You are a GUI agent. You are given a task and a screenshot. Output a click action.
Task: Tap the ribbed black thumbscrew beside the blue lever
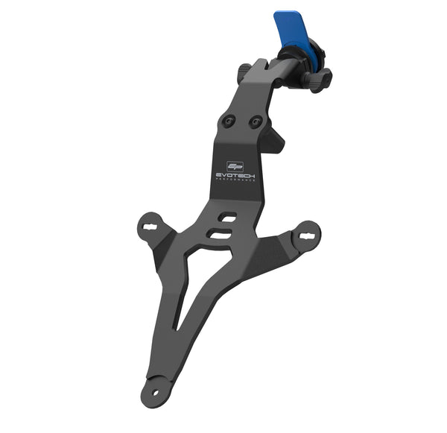tap(319, 78)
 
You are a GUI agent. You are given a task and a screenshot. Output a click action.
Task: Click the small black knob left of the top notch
tap(244, 71)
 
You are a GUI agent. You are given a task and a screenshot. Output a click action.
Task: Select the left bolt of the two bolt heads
tap(229, 121)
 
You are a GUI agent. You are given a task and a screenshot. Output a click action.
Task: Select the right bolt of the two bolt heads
tap(256, 121)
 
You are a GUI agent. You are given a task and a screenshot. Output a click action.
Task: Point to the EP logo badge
tap(235, 166)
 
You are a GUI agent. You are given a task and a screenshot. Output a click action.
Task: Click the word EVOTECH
tap(235, 176)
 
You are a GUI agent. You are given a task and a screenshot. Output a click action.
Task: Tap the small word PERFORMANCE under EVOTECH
tap(235, 180)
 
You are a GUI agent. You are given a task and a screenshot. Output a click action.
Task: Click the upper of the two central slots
tap(227, 217)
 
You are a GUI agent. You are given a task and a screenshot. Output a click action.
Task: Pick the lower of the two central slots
tap(220, 233)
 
